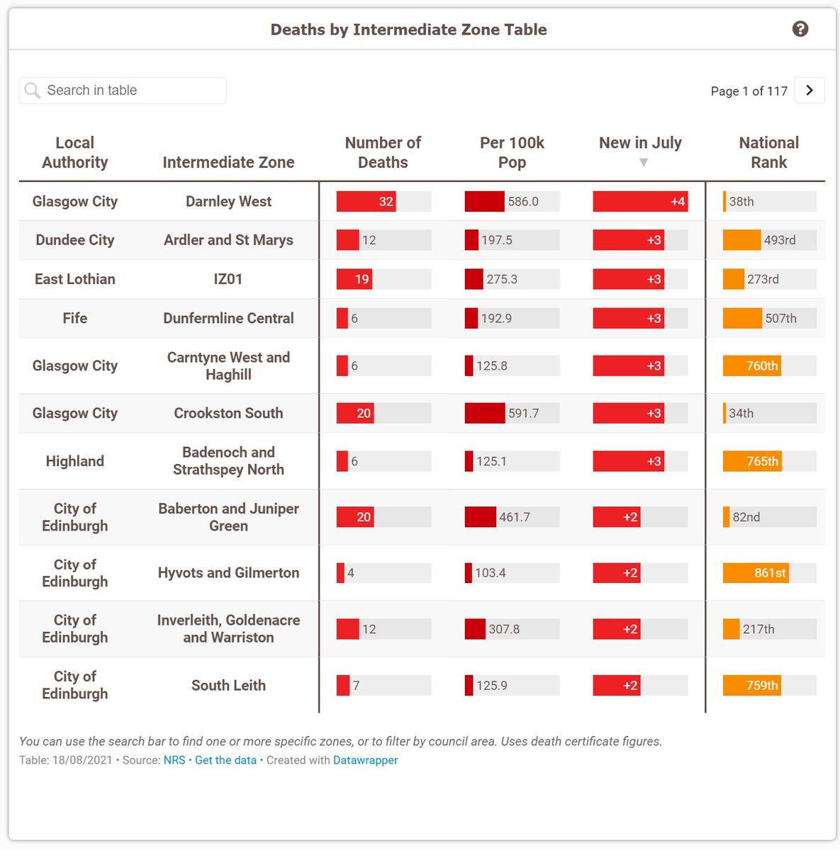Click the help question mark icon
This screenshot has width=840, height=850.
pyautogui.click(x=800, y=29)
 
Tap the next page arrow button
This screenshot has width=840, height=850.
pyautogui.click(x=810, y=91)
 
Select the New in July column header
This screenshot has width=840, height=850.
pyautogui.click(x=640, y=144)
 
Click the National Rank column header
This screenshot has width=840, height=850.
pyautogui.click(x=768, y=152)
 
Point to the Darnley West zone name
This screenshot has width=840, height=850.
pyautogui.click(x=228, y=202)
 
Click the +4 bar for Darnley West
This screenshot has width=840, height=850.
pyautogui.click(x=639, y=202)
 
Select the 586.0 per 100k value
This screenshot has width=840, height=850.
pyautogui.click(x=523, y=202)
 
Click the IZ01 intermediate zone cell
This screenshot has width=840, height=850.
pyautogui.click(x=228, y=279)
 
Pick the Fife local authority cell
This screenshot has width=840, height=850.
pyautogui.click(x=75, y=318)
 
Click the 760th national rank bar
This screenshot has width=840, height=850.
pyautogui.click(x=752, y=366)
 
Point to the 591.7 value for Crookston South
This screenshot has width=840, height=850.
pyautogui.click(x=523, y=414)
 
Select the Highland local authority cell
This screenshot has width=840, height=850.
pyautogui.click(x=75, y=461)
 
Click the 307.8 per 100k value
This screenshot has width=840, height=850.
pyautogui.click(x=503, y=629)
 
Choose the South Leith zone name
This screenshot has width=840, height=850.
pyautogui.click(x=228, y=685)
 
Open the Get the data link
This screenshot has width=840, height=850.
pyautogui.click(x=225, y=760)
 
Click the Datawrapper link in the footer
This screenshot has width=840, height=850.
pyautogui.click(x=365, y=760)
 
